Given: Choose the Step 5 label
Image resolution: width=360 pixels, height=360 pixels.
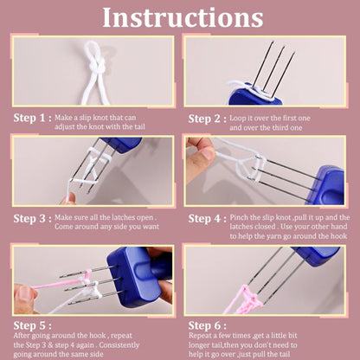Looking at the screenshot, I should click(x=30, y=325).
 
